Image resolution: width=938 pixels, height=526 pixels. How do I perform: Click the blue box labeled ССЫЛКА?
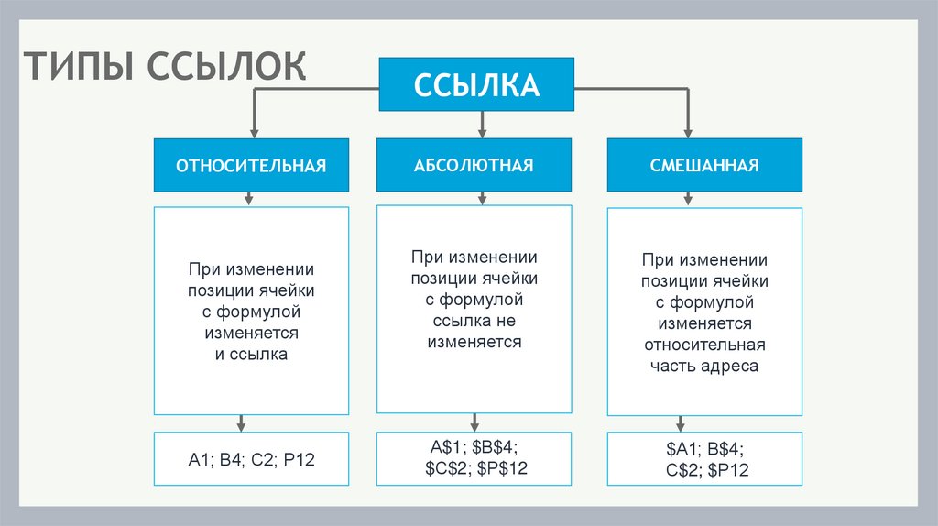476,85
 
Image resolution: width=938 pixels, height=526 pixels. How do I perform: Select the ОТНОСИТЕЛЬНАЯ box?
251,166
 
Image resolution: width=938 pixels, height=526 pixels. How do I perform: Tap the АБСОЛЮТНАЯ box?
474,166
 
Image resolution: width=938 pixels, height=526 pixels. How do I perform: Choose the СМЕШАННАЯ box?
704,166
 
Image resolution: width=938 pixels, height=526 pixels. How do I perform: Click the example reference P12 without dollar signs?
298,460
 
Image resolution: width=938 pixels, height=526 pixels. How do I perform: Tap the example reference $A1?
683,450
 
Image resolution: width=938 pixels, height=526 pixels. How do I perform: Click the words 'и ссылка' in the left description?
251,354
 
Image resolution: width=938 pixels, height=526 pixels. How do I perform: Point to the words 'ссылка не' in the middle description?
474,321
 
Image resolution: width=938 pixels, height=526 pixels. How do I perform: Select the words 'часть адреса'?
704,366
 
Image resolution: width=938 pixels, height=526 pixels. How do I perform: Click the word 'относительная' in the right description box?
704,345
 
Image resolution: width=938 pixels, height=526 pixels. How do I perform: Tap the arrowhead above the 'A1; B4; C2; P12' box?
242,424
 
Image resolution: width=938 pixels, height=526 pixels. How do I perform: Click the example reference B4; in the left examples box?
230,460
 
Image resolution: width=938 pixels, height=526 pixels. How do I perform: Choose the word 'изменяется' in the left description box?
251,333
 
